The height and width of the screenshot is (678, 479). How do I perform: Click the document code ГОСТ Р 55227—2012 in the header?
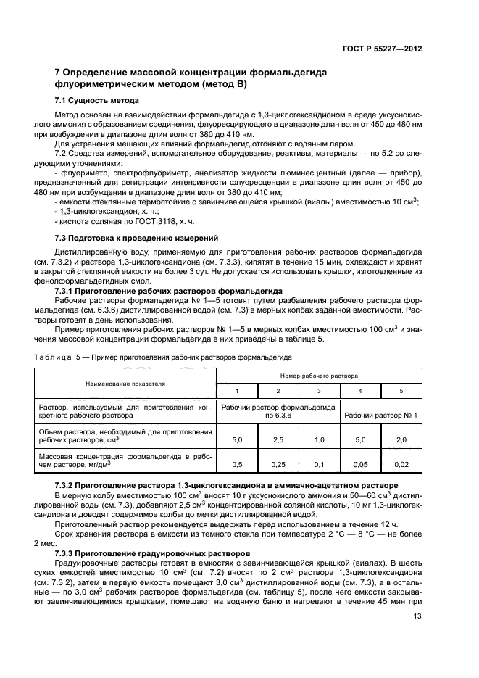[x=380, y=49]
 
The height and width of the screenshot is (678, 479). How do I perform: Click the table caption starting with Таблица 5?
[x=164, y=357]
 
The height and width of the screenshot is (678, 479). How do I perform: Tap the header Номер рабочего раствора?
[x=319, y=377]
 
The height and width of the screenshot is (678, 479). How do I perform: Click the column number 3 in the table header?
[x=319, y=391]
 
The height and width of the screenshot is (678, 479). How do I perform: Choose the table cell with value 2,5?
[x=278, y=440]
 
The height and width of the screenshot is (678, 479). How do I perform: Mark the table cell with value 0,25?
[x=278, y=464]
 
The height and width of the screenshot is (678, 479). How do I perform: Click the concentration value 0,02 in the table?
[x=401, y=464]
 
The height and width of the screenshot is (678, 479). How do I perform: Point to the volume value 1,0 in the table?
[x=319, y=440]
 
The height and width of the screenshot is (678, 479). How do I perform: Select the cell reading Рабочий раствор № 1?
[x=381, y=414]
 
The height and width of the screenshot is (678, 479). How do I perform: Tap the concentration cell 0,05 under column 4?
[x=360, y=464]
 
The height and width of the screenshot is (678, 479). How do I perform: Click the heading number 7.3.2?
[x=67, y=484]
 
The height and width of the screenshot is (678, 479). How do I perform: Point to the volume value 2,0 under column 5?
[x=401, y=440]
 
